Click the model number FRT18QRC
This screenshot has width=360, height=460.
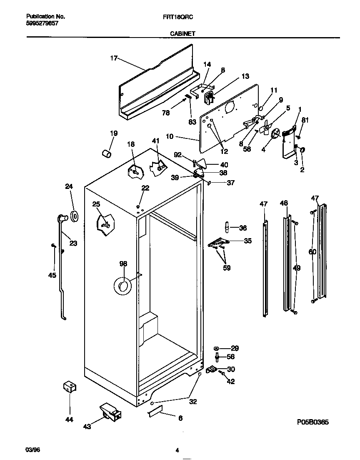point(181,17)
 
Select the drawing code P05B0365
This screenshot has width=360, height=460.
point(311,422)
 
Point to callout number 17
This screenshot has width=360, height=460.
point(114,58)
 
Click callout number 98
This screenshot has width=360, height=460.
point(123,264)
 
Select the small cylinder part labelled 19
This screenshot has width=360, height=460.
point(107,154)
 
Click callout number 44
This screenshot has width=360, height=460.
point(70,419)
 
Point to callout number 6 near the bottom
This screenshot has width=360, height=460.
point(180,418)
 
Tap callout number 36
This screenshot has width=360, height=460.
point(243,228)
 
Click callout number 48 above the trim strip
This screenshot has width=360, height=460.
point(284,203)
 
